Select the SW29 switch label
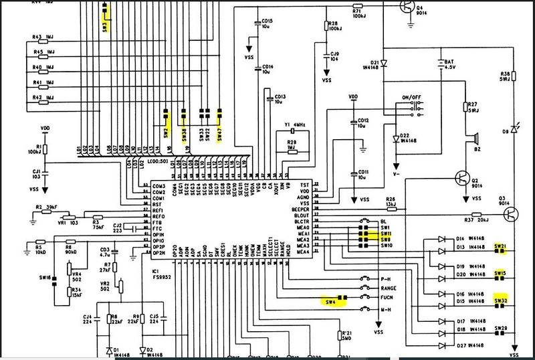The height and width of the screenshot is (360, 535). (x=500, y=329)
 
